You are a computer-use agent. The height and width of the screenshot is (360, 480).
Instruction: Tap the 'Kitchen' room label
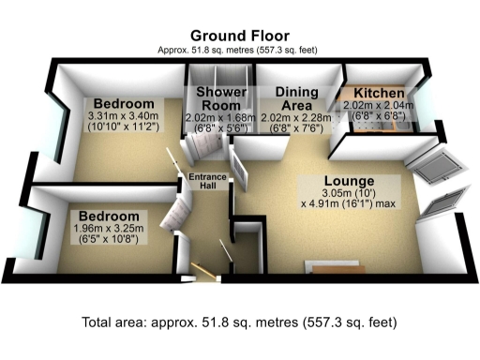point(379,95)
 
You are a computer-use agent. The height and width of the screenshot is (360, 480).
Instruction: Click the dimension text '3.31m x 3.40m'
point(123,116)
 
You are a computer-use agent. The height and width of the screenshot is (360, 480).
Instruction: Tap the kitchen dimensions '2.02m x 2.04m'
point(380,108)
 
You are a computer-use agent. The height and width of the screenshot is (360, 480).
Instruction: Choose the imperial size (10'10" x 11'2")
point(123,129)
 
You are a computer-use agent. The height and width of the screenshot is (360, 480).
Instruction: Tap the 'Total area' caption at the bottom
point(240,322)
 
